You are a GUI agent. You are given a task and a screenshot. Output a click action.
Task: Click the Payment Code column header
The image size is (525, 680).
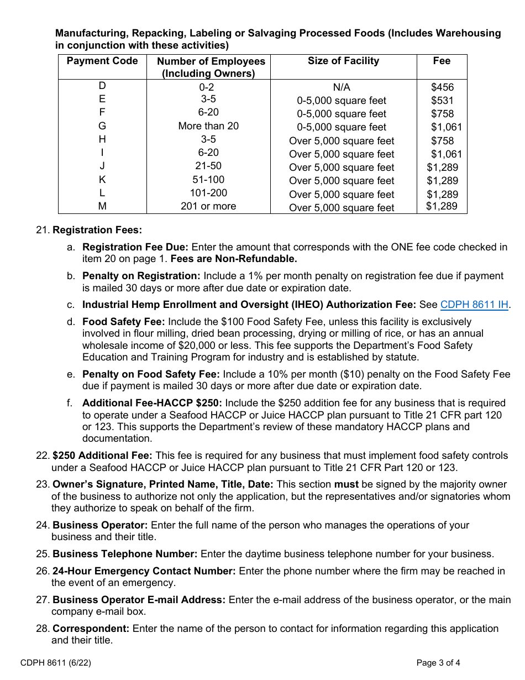click(x=102, y=61)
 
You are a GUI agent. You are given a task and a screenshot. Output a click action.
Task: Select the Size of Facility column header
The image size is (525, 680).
click(x=343, y=61)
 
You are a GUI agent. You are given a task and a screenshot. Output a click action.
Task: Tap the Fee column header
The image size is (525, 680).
click(x=442, y=61)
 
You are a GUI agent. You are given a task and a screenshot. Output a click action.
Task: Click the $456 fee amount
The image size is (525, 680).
click(x=442, y=87)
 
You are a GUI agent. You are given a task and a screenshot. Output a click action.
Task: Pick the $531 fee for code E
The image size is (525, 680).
click(x=442, y=101)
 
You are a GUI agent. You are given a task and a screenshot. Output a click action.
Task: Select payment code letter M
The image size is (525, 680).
click(x=102, y=206)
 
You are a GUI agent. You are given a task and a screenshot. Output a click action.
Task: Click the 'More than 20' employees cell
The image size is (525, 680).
click(x=208, y=126)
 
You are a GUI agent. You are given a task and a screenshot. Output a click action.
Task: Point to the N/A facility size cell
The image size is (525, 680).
click(x=342, y=87)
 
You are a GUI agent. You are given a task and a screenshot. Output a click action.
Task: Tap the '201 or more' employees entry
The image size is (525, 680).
click(x=208, y=206)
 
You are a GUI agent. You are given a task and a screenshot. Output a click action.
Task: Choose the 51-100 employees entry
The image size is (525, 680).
click(x=208, y=180)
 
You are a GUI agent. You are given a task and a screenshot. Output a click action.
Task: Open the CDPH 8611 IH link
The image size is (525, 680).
click(x=474, y=305)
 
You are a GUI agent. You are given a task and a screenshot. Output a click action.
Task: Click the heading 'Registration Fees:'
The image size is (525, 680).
click(x=97, y=230)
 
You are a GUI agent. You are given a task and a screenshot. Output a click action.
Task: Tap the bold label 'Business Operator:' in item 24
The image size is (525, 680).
click(x=100, y=525)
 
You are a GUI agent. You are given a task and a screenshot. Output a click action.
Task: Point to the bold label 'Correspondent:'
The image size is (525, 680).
click(x=91, y=629)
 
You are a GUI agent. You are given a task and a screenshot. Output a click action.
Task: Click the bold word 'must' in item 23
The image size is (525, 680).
click(x=345, y=484)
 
